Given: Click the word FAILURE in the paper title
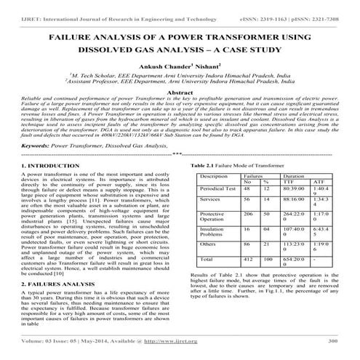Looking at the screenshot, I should point(72,35).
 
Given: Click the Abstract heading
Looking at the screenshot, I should point(180,94).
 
